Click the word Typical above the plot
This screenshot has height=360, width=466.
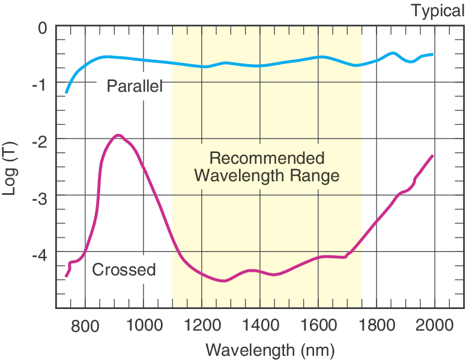pos(437,10)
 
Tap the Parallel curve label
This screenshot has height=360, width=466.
pos(135,86)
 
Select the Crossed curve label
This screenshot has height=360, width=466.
pos(124,270)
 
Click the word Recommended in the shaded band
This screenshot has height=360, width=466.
pos(267,158)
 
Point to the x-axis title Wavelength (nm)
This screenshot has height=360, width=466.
pos(270,349)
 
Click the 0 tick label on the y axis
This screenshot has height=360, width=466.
pos(42,28)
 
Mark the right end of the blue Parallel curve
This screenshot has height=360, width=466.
pos(432,54)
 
